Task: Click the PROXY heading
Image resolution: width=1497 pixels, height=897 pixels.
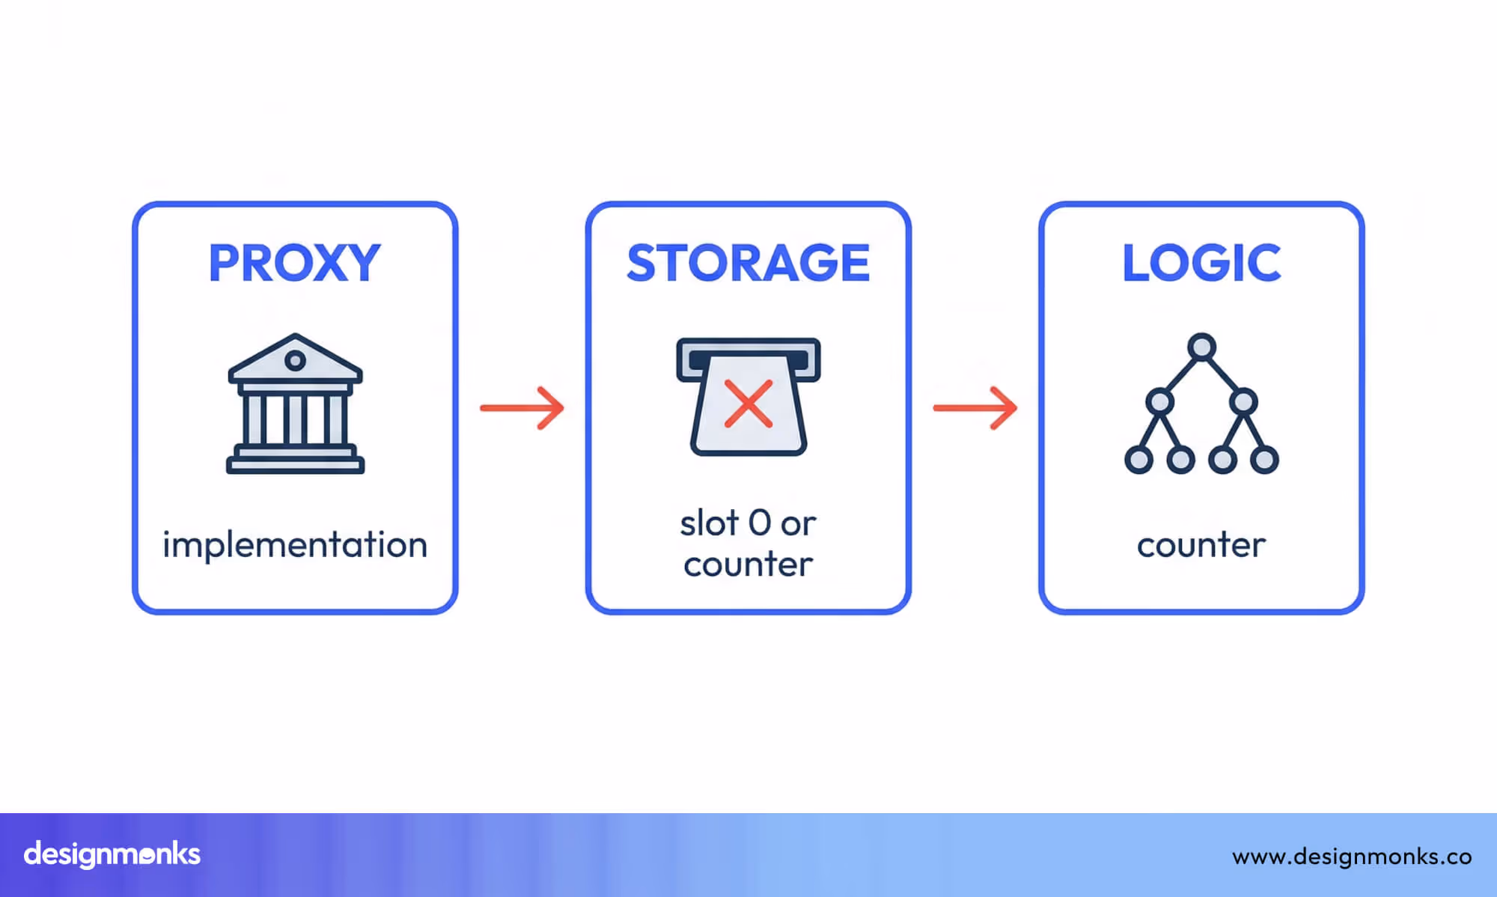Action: pyautogui.click(x=295, y=263)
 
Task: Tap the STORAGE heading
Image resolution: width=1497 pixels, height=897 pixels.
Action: pyautogui.click(x=748, y=263)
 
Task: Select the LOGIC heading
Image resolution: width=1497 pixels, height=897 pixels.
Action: pyautogui.click(x=1201, y=263)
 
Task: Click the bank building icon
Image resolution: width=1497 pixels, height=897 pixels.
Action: pyautogui.click(x=296, y=404)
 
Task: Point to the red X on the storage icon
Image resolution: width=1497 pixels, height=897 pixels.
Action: pyautogui.click(x=748, y=404)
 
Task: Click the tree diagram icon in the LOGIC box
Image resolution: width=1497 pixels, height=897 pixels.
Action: pyautogui.click(x=1201, y=404)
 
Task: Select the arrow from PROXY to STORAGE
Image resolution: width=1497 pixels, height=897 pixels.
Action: pyautogui.click(x=522, y=407)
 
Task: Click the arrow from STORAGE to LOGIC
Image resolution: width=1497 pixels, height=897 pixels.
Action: pyautogui.click(x=975, y=407)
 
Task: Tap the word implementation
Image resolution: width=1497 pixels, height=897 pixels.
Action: pyautogui.click(x=295, y=545)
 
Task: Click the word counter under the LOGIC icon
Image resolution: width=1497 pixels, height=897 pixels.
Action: pyautogui.click(x=1201, y=545)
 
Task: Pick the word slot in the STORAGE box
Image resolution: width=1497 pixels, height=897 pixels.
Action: pyautogui.click(x=709, y=523)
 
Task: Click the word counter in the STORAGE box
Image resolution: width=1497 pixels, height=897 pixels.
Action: pyautogui.click(x=748, y=565)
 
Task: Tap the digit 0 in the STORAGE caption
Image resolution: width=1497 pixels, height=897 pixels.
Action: pyautogui.click(x=759, y=523)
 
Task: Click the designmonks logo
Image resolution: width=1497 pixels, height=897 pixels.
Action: pyautogui.click(x=112, y=854)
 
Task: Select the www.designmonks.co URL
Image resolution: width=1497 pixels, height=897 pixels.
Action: pyautogui.click(x=1352, y=856)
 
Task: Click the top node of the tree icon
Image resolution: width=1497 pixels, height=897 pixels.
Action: pyautogui.click(x=1201, y=347)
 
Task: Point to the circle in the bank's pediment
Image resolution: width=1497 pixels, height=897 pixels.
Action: pyautogui.click(x=295, y=361)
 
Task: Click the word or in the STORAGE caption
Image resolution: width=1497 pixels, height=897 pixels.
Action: pyautogui.click(x=798, y=524)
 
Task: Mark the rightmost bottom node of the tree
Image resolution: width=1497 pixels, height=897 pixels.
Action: pyautogui.click(x=1264, y=459)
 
